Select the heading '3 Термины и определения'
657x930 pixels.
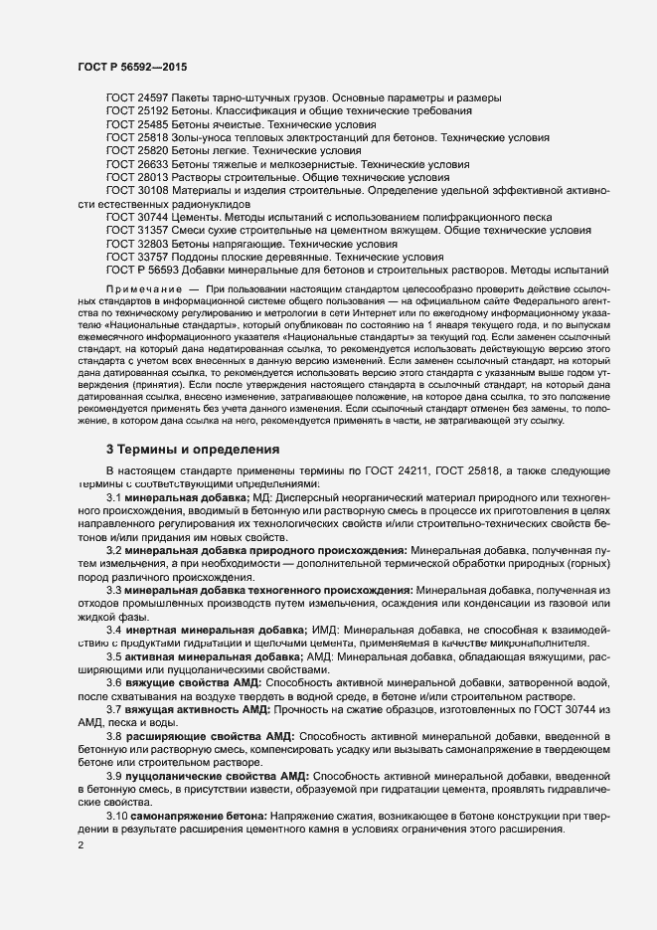(193, 450)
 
